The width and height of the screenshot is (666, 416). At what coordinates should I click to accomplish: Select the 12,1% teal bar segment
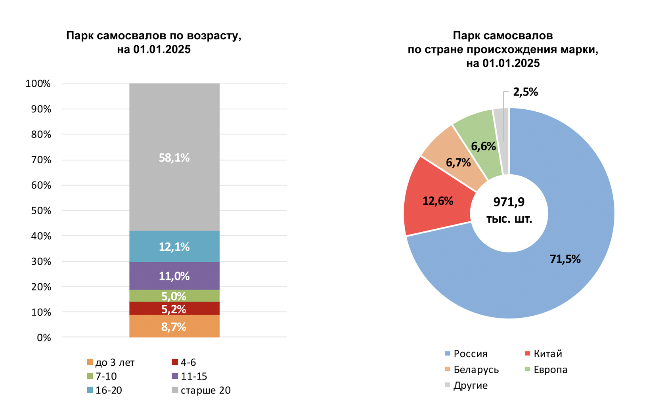[x=174, y=246]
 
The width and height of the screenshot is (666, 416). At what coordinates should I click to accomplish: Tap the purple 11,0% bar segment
[x=174, y=276]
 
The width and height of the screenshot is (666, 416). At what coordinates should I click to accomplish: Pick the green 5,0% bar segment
[x=174, y=296]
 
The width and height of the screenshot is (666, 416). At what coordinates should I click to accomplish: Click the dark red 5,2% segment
[x=174, y=309]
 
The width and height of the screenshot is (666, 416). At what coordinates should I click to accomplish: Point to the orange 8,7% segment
[x=174, y=326]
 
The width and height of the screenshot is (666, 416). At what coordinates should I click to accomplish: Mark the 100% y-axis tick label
[x=38, y=84]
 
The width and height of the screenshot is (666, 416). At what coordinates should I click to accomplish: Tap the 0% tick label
[x=44, y=338]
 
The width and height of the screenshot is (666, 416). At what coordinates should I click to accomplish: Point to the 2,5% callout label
[x=525, y=92]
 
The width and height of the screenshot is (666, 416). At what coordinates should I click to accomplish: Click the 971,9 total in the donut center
[x=509, y=202]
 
